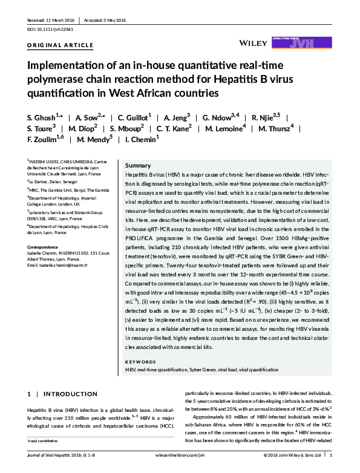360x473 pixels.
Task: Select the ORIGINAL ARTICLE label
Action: coord(61,45)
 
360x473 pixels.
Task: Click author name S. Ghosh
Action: coord(44,116)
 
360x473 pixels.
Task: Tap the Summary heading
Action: coord(138,165)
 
